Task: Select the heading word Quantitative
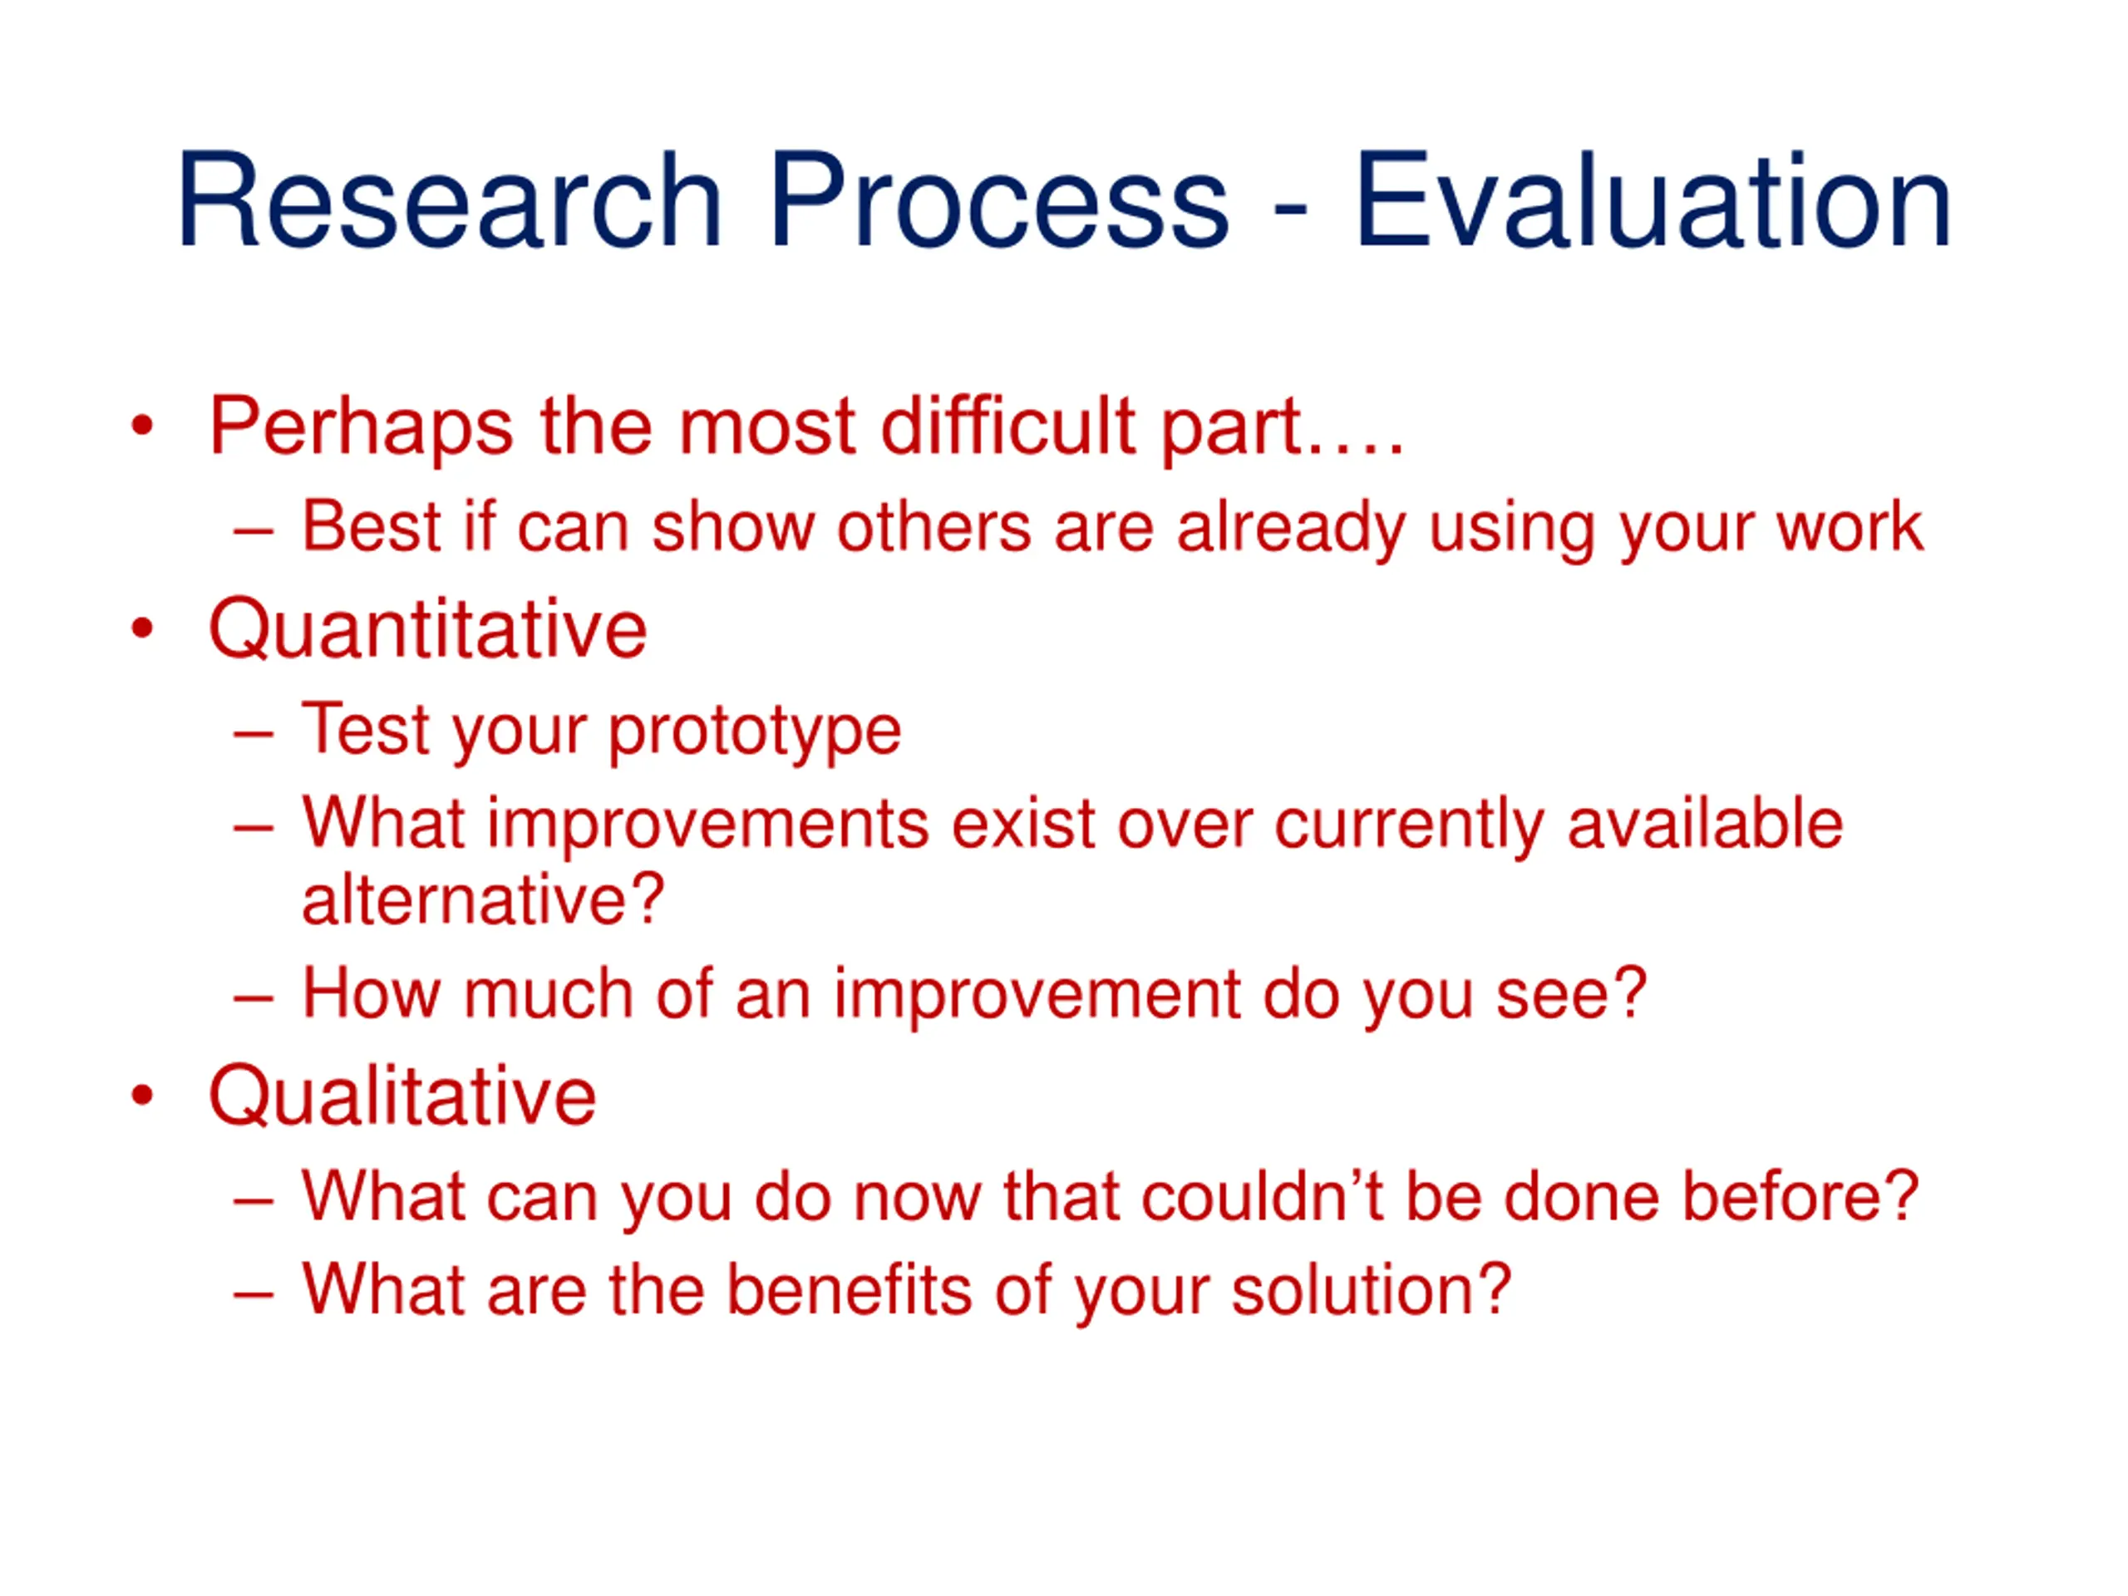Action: tap(428, 630)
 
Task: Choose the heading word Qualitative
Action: tap(403, 1098)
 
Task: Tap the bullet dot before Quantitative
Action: tap(142, 629)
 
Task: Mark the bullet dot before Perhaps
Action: tap(142, 426)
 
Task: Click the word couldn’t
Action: tap(1262, 1197)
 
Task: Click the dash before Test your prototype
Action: tap(253, 736)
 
